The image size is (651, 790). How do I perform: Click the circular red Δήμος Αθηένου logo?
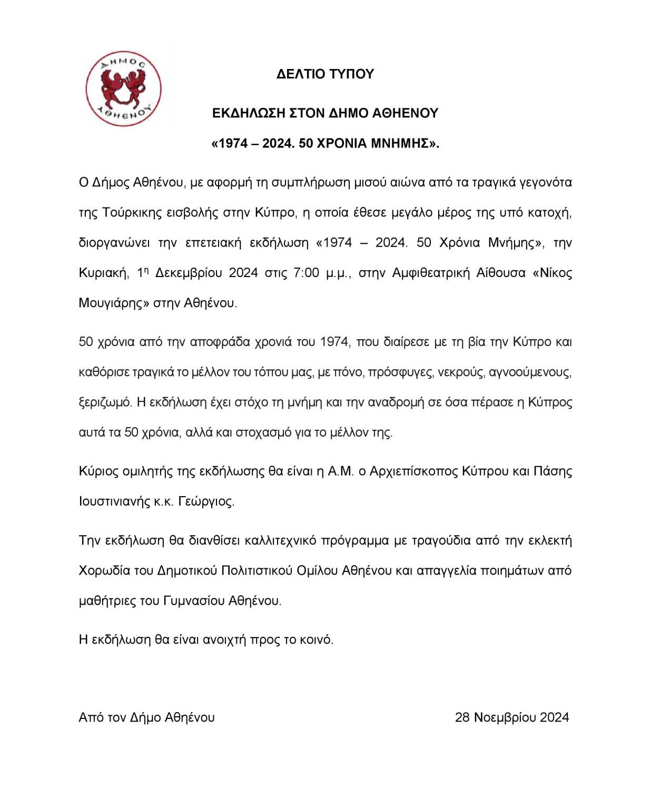pyautogui.click(x=124, y=89)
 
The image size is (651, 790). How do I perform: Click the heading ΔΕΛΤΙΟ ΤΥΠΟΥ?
pyautogui.click(x=325, y=74)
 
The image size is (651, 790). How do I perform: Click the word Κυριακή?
pyautogui.click(x=103, y=273)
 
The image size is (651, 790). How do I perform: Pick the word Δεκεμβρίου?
pyautogui.click(x=191, y=273)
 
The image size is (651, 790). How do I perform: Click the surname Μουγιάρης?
pyautogui.click(x=111, y=303)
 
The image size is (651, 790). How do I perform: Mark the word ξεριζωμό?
pyautogui.click(x=105, y=402)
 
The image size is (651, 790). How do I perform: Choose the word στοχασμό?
pyautogui.click(x=263, y=432)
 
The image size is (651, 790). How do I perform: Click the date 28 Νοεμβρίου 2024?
pyautogui.click(x=511, y=717)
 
